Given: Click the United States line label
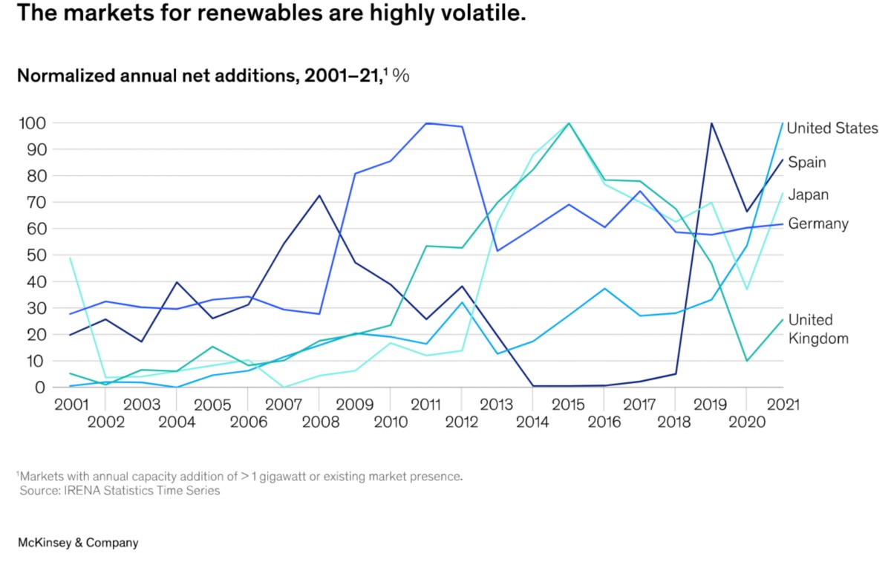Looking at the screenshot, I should [x=832, y=128].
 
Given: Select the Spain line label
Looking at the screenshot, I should [x=807, y=162].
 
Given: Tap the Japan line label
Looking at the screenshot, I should [x=809, y=195].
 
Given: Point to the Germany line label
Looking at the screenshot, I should [x=817, y=223].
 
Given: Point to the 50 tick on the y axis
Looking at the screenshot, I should [x=36, y=255].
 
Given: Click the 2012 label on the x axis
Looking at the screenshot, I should [x=461, y=422].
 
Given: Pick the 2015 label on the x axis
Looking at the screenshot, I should [x=568, y=405].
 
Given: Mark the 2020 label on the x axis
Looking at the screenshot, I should [x=746, y=422].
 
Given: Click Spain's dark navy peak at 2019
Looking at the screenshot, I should [x=711, y=123].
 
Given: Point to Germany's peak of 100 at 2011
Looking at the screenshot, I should [x=427, y=123].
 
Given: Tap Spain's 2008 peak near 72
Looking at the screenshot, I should [x=319, y=195].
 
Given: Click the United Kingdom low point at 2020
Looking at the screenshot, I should [x=747, y=361].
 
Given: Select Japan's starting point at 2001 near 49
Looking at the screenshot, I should [x=70, y=258].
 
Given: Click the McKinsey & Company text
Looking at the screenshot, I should [x=77, y=543].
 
